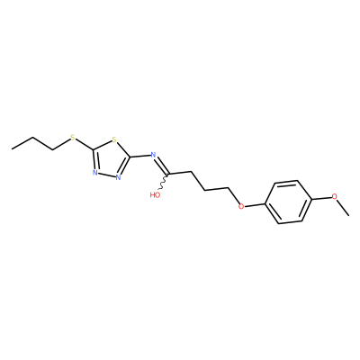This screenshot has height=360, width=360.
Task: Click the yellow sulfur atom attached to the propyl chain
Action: pos(72,139)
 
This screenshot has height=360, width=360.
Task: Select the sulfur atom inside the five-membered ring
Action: pos(113,139)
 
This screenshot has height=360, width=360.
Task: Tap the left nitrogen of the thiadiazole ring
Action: pos(94,173)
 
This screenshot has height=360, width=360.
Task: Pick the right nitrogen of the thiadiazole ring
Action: pos(118,177)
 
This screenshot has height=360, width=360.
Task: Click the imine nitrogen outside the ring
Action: pos(153,155)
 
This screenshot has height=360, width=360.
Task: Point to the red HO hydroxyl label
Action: pos(155,195)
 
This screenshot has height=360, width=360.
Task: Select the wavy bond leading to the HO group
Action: pos(164,182)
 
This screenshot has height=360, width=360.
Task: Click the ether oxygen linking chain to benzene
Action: pos(241,206)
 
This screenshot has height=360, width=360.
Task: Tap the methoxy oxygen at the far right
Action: pos(335,196)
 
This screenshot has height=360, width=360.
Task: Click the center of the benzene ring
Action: pos(288,202)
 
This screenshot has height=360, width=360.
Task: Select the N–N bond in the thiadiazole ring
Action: pos(106,175)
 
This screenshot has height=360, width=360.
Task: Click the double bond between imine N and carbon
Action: pos(161,166)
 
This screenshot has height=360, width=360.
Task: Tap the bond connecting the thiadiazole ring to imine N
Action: pos(139,156)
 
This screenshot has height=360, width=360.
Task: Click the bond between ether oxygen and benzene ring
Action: pos(255,205)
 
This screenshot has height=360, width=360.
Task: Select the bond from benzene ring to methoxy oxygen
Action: pos(321,198)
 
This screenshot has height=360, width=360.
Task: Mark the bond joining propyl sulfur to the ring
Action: pos(84,144)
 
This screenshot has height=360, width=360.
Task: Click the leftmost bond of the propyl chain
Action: pos(22,143)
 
